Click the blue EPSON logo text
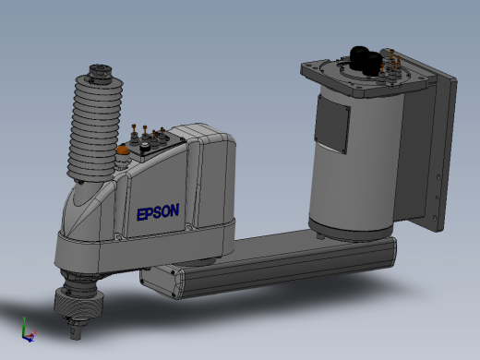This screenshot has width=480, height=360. (x=158, y=212)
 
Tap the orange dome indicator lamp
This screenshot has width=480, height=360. (x=123, y=150)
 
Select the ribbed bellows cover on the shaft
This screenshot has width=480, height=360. (x=96, y=127)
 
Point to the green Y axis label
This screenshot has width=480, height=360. (x=24, y=318)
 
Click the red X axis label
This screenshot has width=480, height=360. (x=35, y=332)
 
